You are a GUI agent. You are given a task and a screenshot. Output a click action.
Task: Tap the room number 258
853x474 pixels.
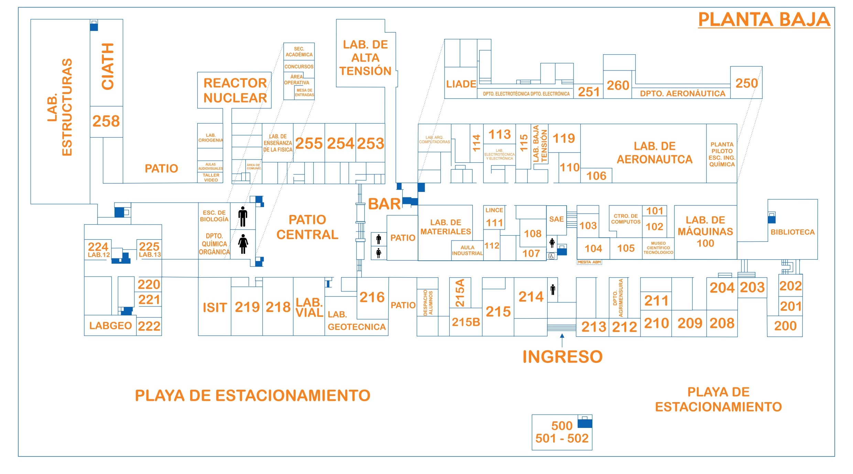(106, 121)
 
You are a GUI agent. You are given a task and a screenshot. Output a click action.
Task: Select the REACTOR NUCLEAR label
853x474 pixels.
(235, 90)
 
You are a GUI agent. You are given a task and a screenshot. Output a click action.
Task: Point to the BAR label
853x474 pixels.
(384, 204)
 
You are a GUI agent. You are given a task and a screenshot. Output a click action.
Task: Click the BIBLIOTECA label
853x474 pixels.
(792, 232)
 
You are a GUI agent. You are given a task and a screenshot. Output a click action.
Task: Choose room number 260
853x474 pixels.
(618, 85)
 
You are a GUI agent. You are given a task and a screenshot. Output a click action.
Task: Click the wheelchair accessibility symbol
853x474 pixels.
(552, 256)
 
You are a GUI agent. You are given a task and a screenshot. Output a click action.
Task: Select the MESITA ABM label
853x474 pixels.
(589, 262)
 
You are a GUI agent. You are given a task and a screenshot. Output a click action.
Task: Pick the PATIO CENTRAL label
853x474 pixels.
(307, 227)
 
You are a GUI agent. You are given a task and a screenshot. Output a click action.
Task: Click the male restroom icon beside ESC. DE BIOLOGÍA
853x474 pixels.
(243, 216)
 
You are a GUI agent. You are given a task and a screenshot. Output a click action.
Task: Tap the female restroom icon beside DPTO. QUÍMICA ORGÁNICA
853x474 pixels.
(243, 244)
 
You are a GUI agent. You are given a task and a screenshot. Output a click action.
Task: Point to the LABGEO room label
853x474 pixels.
(110, 325)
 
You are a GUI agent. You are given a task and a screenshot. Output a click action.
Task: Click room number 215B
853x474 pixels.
(466, 322)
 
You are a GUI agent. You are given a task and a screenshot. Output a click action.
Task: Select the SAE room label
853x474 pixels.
(556, 219)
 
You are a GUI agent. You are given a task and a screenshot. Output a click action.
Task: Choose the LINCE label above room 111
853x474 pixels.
(494, 210)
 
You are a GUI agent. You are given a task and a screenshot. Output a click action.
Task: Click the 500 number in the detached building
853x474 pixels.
(562, 426)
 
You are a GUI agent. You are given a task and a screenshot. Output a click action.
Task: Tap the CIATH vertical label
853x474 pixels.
(107, 66)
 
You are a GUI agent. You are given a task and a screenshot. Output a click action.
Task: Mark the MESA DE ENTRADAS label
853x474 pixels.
(304, 93)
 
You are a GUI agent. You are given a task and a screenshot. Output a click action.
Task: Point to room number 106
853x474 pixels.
(596, 176)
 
